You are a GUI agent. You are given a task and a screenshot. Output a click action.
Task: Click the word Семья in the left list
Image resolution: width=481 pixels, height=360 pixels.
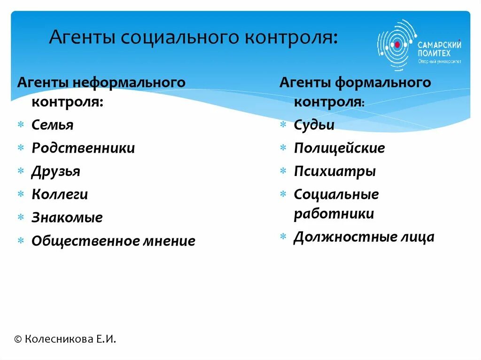(x=53, y=125)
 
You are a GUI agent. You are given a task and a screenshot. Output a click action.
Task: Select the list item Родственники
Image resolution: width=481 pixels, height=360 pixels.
(x=83, y=148)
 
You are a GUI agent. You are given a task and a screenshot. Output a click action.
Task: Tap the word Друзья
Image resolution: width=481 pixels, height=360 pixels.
(x=56, y=171)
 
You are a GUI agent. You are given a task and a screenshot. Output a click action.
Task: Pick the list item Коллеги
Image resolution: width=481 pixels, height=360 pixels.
(x=60, y=194)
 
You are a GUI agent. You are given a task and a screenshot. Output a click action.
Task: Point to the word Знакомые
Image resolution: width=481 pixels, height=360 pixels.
(x=67, y=218)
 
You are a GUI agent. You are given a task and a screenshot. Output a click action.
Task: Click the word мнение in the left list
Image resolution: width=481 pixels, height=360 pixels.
(x=167, y=241)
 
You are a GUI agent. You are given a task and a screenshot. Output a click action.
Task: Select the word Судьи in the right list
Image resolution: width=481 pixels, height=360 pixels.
(x=314, y=125)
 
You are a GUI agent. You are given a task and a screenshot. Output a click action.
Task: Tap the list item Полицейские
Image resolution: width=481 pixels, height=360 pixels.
(x=339, y=148)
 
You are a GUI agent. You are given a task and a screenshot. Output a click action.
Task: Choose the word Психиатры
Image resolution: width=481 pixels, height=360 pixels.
(x=334, y=171)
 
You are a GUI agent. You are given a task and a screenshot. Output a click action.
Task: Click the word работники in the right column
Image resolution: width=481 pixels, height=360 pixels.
(x=334, y=214)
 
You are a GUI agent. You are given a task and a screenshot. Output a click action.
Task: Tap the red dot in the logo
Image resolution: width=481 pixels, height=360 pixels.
(x=396, y=45)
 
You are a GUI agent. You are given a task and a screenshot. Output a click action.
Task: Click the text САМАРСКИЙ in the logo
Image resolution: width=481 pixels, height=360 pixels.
(x=439, y=45)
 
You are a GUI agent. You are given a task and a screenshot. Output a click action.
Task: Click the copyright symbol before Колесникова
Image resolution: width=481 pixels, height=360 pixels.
(x=18, y=339)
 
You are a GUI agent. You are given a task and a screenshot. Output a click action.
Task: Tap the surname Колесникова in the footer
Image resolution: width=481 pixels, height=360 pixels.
(x=59, y=339)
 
